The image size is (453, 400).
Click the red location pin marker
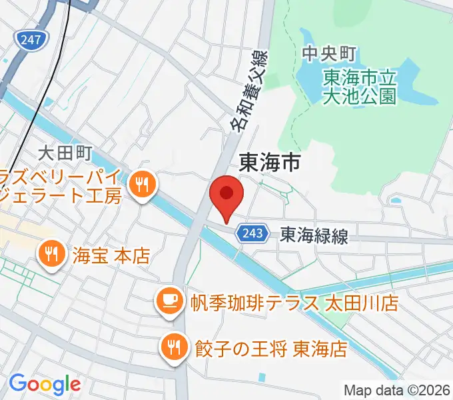(x=226, y=195)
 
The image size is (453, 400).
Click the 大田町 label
(x=65, y=153)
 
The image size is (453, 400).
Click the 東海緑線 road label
(x=314, y=235)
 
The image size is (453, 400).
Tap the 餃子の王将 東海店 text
(x=271, y=348)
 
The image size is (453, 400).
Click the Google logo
(x=44, y=383)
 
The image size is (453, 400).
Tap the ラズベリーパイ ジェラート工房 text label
(x=60, y=187)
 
